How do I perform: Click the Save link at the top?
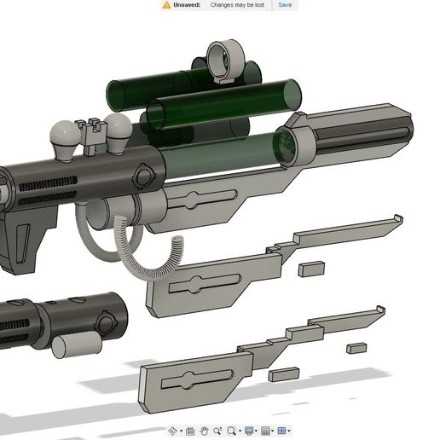click(285, 5)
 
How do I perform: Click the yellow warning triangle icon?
click(166, 5)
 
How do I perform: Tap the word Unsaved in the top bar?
click(187, 5)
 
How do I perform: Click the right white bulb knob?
click(118, 129)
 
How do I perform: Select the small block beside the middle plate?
click(311, 269)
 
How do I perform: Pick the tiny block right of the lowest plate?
click(356, 348)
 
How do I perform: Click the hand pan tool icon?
click(204, 431)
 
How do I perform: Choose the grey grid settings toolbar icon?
click(266, 431)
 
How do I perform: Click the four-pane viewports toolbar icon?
click(283, 431)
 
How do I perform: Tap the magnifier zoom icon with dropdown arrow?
click(233, 431)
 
